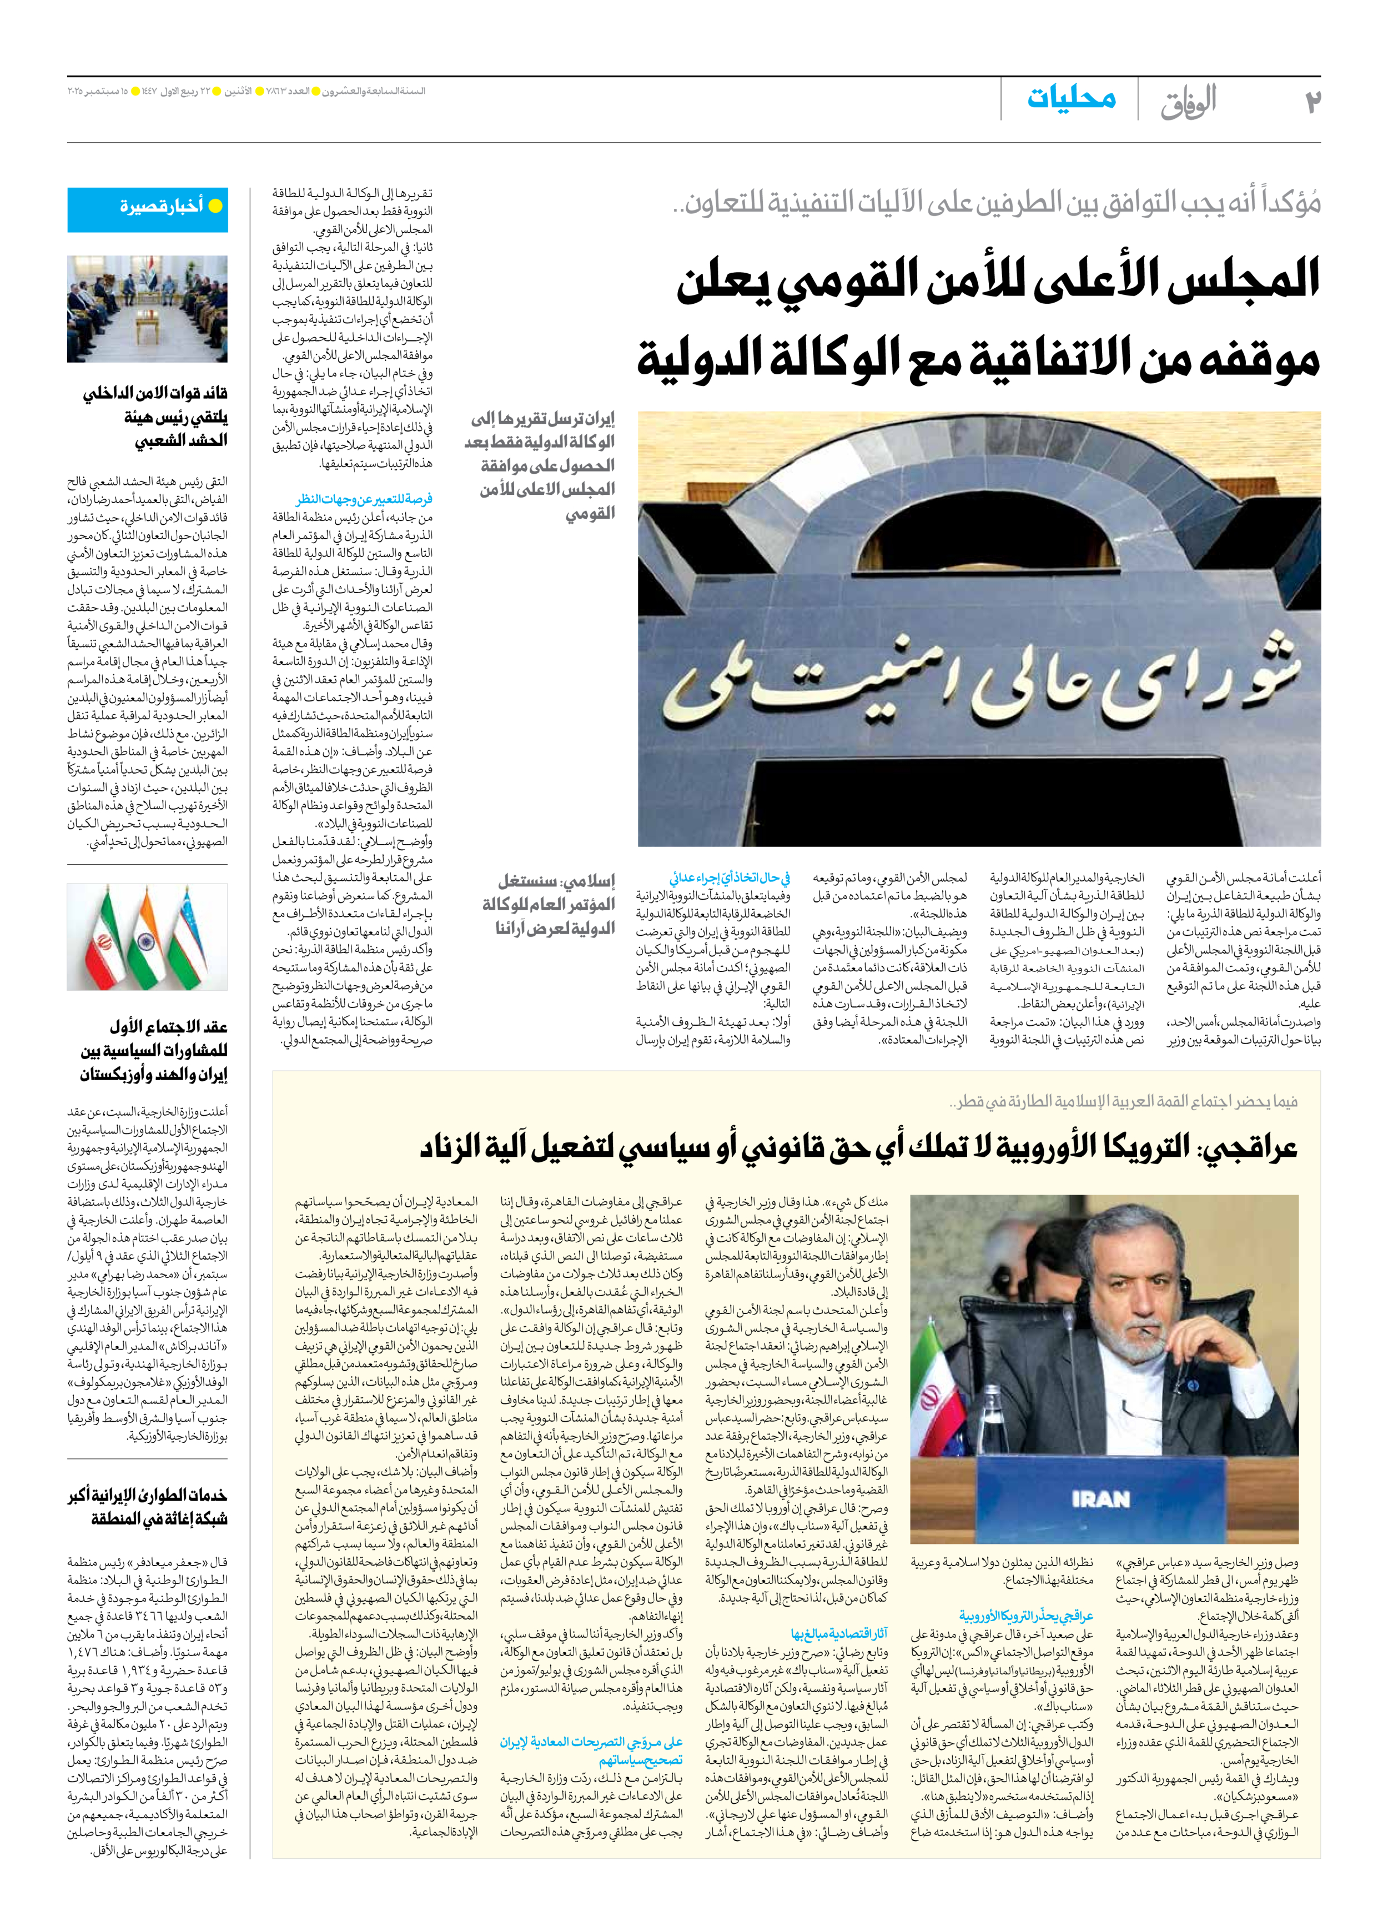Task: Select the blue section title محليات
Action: (1072, 98)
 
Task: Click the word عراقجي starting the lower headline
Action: (1248, 1148)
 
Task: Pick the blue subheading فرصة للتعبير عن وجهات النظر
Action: (364, 499)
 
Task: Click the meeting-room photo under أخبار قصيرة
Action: (148, 309)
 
